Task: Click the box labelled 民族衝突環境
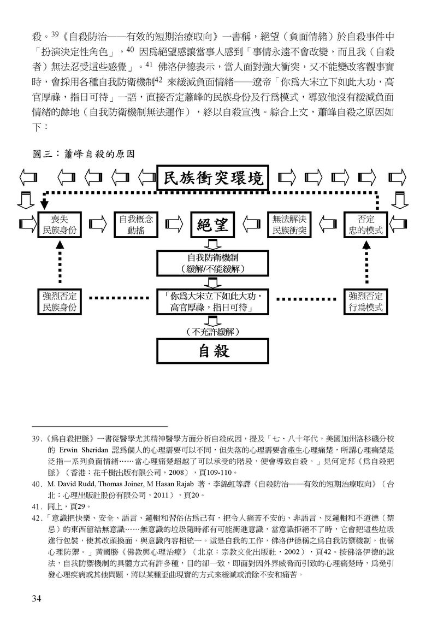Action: (213, 178)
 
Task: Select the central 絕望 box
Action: (213, 225)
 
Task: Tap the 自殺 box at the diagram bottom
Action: (213, 351)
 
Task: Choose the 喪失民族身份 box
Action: (60, 225)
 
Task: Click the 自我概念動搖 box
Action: (136, 225)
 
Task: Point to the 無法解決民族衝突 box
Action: (289, 225)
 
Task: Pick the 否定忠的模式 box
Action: (366, 225)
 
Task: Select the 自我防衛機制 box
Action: (213, 263)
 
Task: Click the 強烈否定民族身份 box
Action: (60, 302)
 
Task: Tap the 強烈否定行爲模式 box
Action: (366, 302)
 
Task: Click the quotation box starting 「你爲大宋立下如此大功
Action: (213, 302)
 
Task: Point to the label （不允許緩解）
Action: (213, 331)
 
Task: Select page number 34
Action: (37, 598)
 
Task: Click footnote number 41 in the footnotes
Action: (37, 507)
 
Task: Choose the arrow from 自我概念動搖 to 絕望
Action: (174, 225)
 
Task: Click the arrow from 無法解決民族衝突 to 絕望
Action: (251, 225)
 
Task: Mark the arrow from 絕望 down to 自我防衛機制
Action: (213, 244)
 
